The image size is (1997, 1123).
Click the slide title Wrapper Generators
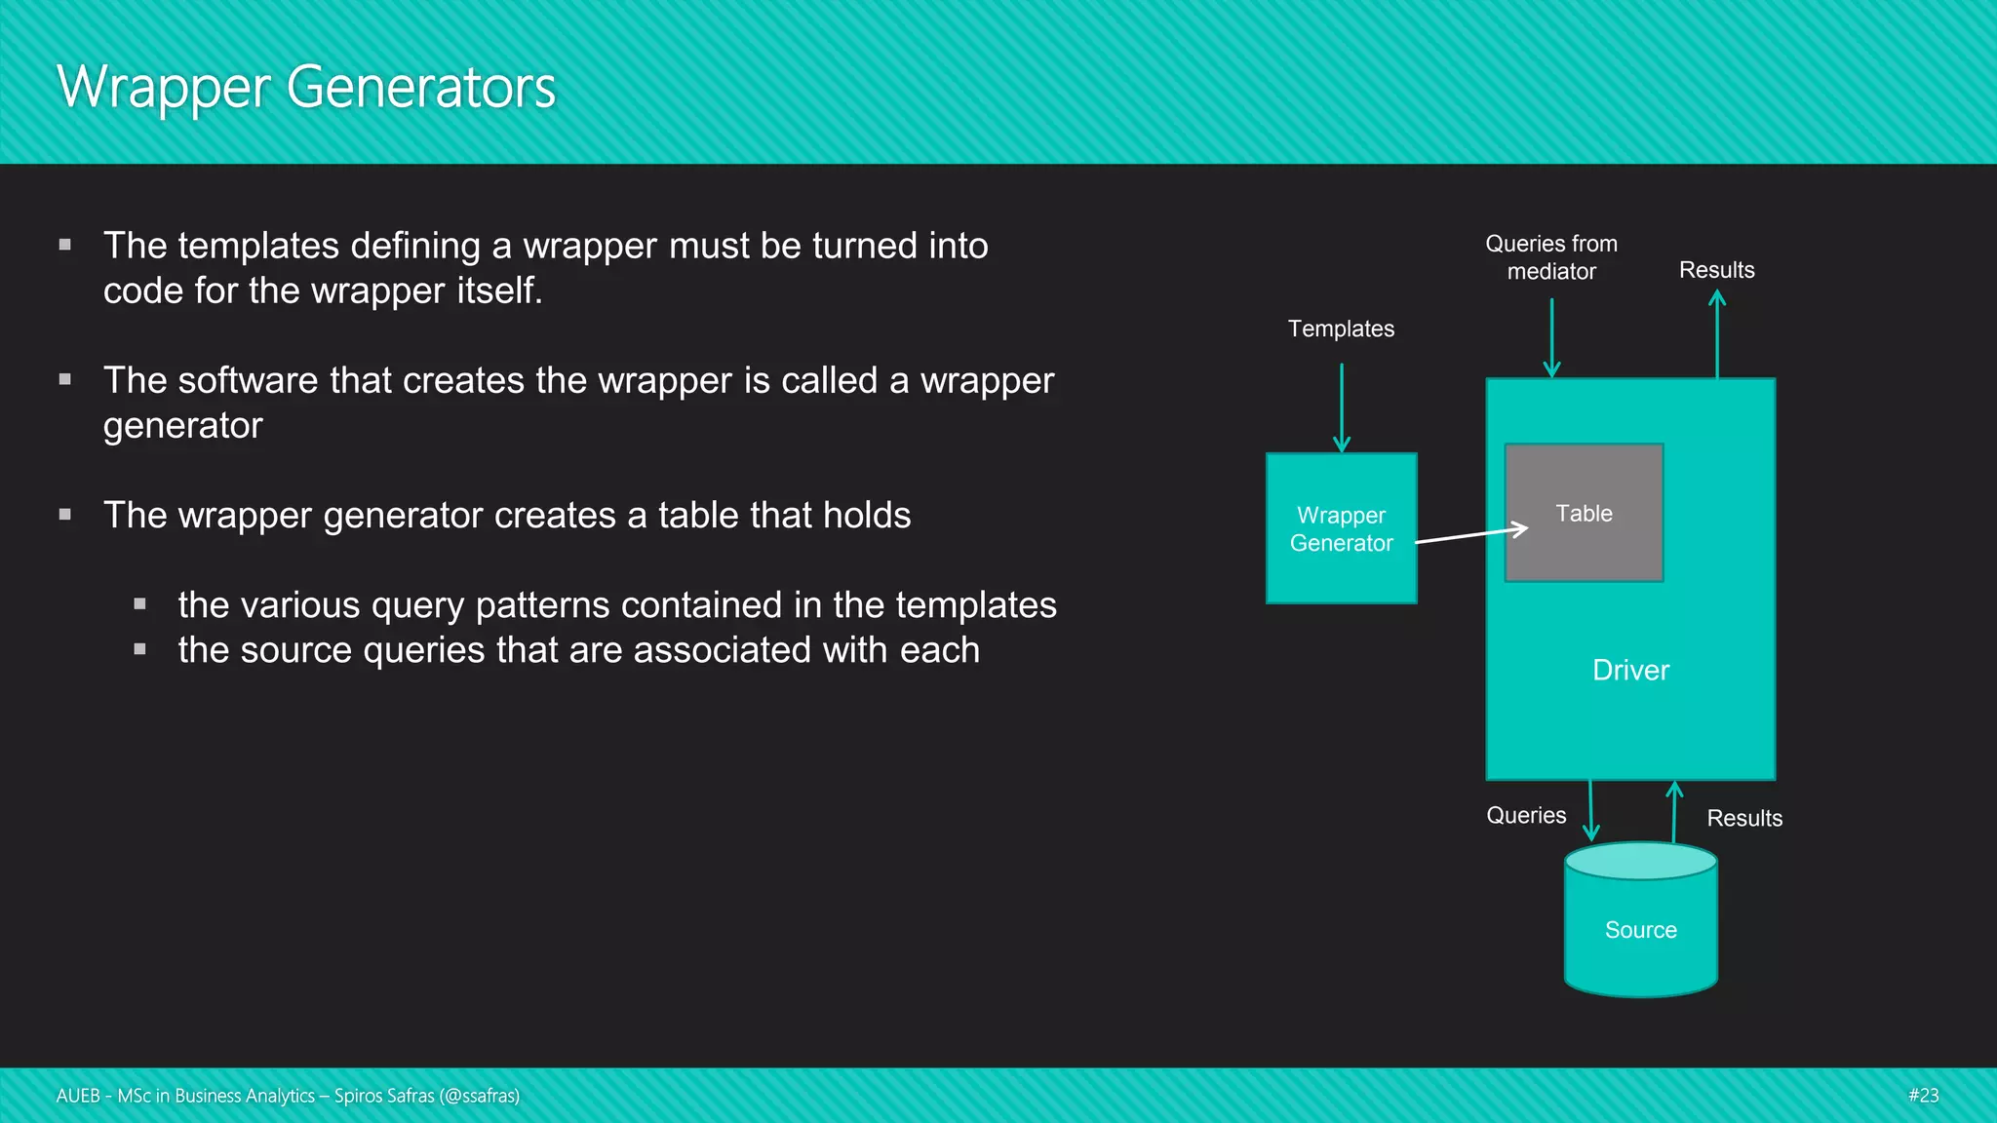coord(306,88)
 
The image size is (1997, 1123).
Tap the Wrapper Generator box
coord(1341,528)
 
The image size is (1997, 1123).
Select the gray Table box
coord(1584,514)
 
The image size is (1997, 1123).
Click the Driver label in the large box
coord(1630,671)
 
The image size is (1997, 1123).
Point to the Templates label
coord(1341,329)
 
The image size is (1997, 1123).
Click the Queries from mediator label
coord(1551,257)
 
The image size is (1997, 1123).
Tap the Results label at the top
coord(1716,270)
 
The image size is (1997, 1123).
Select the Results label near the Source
coord(1744,819)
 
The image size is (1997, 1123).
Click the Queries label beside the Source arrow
coord(1526,816)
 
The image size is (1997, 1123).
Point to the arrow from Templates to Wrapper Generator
coord(1342,407)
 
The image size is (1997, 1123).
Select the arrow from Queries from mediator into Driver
coord(1551,337)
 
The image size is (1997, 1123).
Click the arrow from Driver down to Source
coord(1590,810)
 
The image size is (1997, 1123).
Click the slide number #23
coord(1923,1096)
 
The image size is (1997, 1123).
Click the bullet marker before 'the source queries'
coord(140,649)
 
